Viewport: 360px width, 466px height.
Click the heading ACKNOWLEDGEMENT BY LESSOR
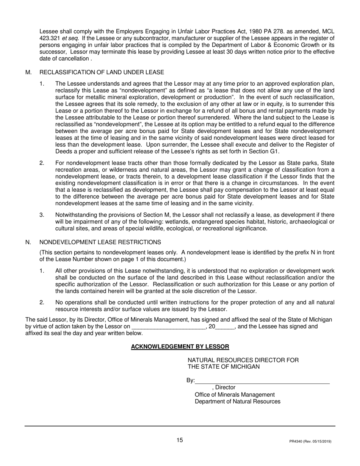tap(180, 347)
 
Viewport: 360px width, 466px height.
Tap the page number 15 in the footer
tap(179, 440)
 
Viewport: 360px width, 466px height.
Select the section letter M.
tap(28, 72)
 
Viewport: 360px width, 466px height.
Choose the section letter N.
tap(28, 242)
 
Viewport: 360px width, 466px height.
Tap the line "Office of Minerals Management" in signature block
tap(235, 394)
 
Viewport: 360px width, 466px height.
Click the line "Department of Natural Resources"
tap(238, 401)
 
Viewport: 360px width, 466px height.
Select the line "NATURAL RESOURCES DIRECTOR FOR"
tap(243, 360)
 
